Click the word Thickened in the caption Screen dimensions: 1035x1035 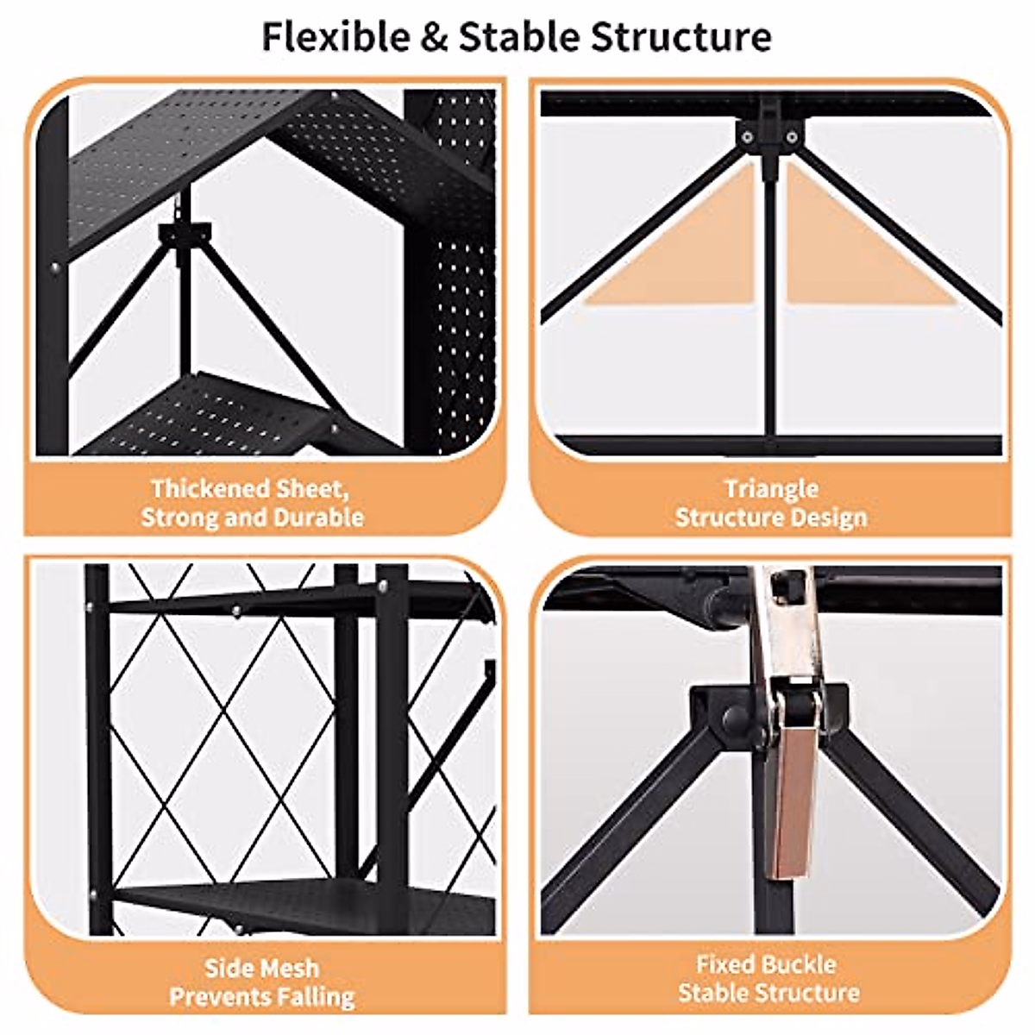click(x=209, y=489)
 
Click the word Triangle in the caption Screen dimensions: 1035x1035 click(x=770, y=489)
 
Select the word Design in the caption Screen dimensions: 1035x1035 click(x=825, y=517)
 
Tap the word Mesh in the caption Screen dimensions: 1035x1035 click(x=292, y=968)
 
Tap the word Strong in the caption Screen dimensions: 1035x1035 click(x=179, y=517)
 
